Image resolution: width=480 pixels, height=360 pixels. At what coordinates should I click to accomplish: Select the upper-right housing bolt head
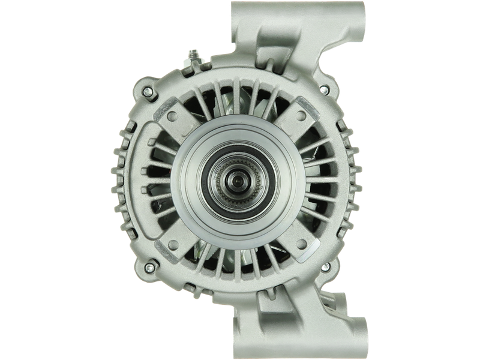(323, 90)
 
